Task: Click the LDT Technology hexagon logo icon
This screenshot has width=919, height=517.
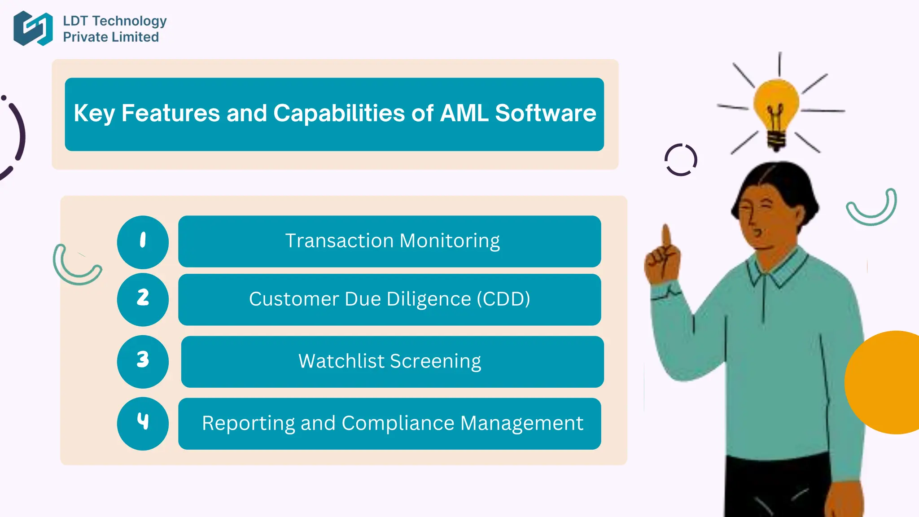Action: coord(33,28)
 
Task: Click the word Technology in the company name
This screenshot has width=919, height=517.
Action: coord(129,21)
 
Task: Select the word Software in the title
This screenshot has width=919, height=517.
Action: coord(545,113)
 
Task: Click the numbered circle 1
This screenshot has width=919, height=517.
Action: coord(143,242)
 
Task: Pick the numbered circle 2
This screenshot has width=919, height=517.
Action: coord(143,299)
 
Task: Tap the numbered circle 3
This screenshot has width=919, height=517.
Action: coord(143,361)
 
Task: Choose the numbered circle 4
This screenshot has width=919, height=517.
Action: coord(143,423)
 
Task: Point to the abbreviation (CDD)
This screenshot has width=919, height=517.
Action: coord(503,299)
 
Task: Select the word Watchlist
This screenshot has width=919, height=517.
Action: coord(341,361)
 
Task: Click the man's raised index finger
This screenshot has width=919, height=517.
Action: coord(666,236)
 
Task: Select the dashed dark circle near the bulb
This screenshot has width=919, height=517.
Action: coord(681,160)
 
